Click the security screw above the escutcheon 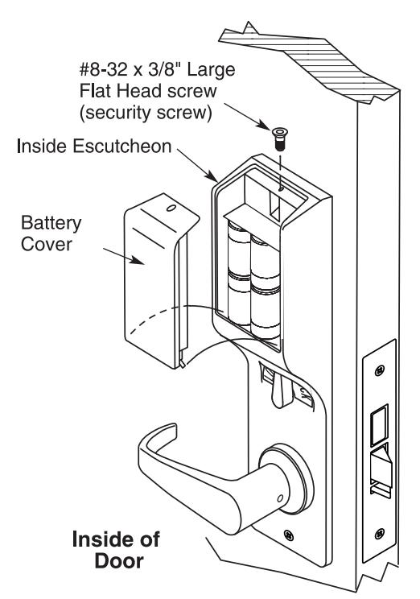(x=280, y=139)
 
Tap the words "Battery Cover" (x=51, y=233)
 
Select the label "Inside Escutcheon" (x=94, y=147)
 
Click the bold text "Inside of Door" (x=116, y=550)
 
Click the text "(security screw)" (x=146, y=113)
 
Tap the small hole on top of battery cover (x=171, y=209)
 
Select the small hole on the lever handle (x=280, y=498)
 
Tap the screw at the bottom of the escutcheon (x=289, y=535)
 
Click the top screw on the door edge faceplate (x=379, y=370)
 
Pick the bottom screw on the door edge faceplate (x=380, y=533)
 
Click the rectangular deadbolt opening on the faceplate (x=380, y=425)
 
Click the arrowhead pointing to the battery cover (x=138, y=260)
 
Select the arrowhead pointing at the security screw (x=265, y=125)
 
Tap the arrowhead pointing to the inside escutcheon (x=212, y=177)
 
